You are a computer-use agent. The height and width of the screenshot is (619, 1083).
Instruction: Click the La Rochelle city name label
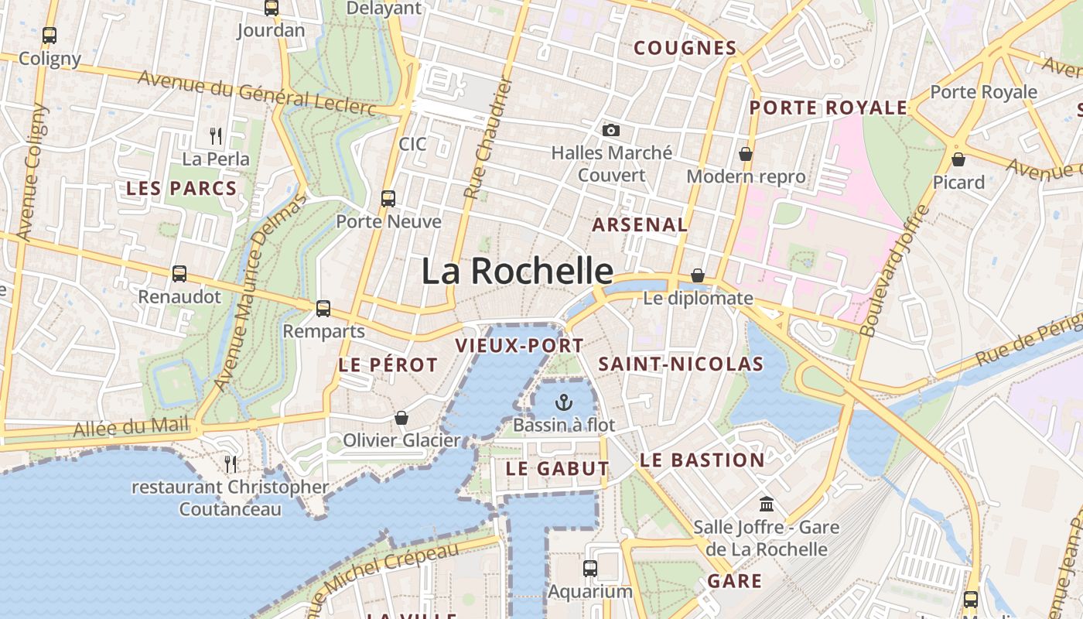coord(517,272)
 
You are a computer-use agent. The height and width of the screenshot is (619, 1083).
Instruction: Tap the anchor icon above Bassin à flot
coord(564,402)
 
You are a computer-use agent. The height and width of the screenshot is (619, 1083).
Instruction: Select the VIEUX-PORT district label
coord(519,346)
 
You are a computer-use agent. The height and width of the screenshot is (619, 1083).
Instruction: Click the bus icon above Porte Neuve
coord(388,198)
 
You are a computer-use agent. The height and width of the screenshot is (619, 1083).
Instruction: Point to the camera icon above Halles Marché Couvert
coord(611,130)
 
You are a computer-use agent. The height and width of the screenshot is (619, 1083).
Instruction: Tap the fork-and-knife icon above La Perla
coord(217,136)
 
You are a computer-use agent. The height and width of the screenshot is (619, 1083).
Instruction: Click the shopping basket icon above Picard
coord(958,159)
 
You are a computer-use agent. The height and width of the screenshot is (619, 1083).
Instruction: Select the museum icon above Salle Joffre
coord(767,504)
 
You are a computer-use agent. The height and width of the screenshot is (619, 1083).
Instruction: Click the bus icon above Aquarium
coord(590,569)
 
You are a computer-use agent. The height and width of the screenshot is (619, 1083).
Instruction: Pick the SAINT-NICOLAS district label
coord(681,364)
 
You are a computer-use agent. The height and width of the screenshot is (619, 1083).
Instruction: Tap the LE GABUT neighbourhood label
coord(557,468)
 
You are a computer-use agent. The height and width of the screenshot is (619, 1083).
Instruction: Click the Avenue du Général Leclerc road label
coord(257,91)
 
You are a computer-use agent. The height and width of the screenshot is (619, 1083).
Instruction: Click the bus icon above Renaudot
coord(179,273)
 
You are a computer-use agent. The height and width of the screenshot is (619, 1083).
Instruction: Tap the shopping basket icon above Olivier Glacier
coord(401,418)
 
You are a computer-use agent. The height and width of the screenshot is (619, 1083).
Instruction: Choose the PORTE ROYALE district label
coord(828,108)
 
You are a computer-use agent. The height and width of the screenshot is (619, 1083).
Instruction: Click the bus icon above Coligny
coord(50,35)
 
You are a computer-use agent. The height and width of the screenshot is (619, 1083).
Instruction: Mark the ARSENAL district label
coord(639,225)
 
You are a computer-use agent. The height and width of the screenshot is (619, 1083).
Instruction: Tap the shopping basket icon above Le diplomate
coord(698,275)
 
